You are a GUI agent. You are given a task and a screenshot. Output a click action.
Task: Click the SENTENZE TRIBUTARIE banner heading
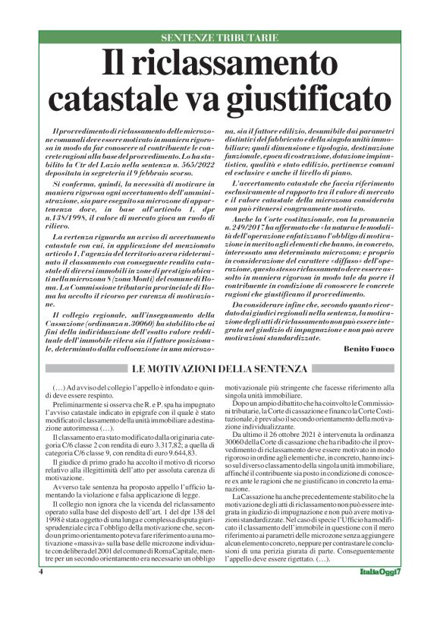[219, 37]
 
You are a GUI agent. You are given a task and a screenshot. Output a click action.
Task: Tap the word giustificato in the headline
[291, 98]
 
